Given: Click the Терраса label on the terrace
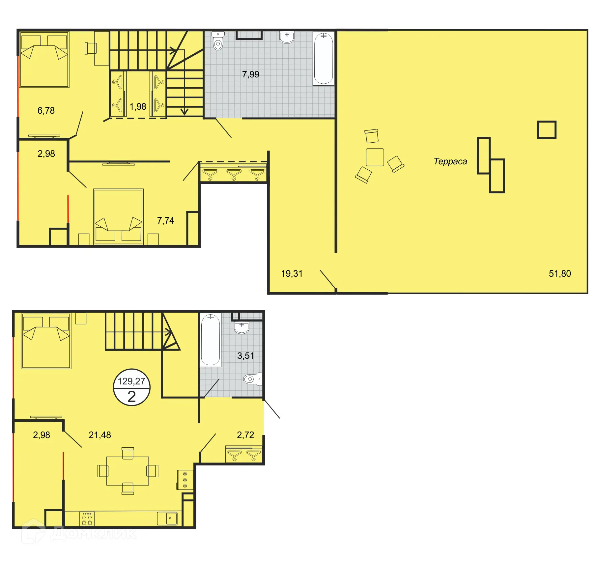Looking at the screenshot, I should (450, 161).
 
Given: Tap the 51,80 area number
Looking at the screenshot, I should (559, 273).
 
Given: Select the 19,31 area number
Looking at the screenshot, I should (292, 273).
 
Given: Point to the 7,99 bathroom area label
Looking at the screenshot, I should (250, 74).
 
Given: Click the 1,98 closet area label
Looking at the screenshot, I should (138, 106).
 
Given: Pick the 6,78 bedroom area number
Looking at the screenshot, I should (46, 110).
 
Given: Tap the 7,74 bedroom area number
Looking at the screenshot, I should (165, 220).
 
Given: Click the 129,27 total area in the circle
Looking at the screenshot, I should (131, 381).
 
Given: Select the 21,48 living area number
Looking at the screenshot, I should (99, 435).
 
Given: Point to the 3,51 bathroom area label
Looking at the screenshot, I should (245, 355).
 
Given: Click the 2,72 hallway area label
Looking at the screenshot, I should (245, 435).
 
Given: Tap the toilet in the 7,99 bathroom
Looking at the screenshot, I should (218, 41).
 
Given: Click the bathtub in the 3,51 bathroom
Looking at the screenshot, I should (210, 340).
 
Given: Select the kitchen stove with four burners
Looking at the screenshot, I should (87, 519).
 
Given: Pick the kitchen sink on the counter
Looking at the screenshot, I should (169, 518).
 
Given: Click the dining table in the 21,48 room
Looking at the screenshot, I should (128, 471).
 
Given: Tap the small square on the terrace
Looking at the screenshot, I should (546, 130).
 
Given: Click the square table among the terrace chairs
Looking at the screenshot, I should (375, 157).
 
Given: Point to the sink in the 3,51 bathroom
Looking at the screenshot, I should (242, 327).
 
